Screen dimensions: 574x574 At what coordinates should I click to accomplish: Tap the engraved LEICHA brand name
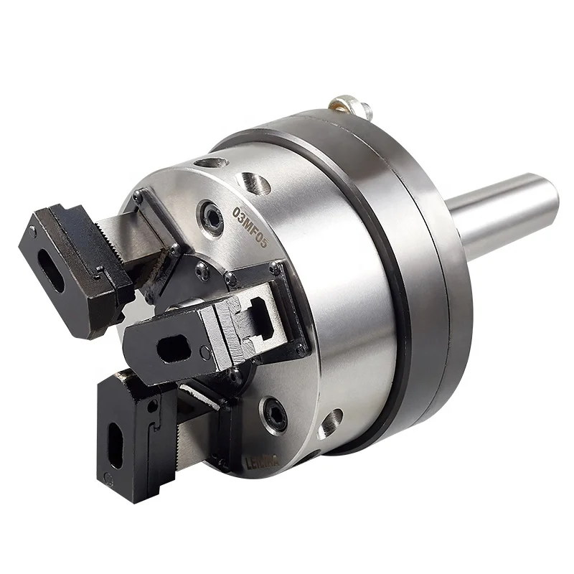pos(237,464)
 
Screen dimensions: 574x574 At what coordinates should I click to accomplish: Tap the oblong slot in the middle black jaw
pos(171,349)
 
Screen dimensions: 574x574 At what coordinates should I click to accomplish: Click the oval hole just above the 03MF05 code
pos(255,184)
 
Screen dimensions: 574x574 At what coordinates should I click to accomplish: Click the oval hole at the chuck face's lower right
pos(331,421)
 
